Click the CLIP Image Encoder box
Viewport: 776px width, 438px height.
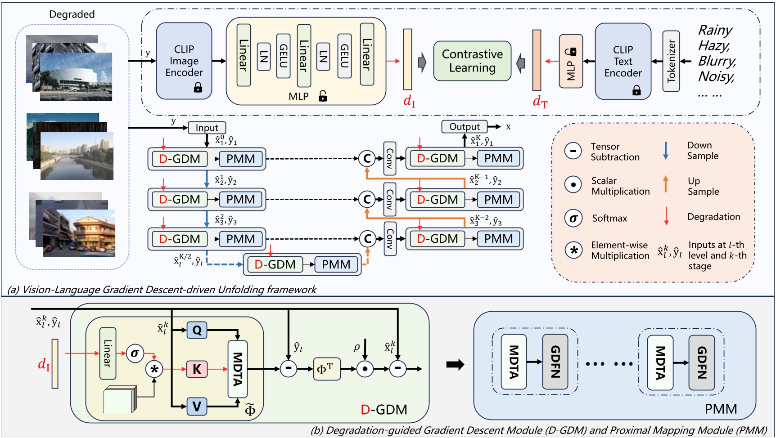(x=184, y=61)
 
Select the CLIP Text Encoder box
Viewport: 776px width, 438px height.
(x=623, y=61)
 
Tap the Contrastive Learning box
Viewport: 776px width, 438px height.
(x=472, y=61)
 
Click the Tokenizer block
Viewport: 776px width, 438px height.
(x=671, y=61)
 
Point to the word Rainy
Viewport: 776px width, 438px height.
(x=715, y=30)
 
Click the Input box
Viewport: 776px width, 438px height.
(x=207, y=128)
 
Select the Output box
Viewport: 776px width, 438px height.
(x=465, y=127)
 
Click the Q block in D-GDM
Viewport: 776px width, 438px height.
(x=197, y=331)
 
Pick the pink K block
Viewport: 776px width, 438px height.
(x=197, y=369)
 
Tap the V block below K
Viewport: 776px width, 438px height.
(x=197, y=407)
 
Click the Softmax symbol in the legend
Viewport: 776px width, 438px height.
(x=573, y=219)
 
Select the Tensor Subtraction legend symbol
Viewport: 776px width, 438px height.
(x=573, y=151)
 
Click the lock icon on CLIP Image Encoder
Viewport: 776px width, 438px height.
(x=198, y=88)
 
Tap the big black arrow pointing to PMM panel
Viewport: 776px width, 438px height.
(x=455, y=365)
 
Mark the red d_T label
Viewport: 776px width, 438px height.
(x=540, y=102)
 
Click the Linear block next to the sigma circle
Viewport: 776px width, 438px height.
(x=108, y=353)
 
